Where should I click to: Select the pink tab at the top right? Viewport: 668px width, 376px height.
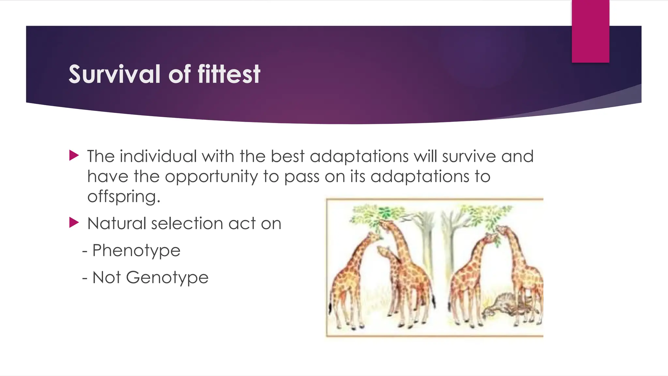[590, 31]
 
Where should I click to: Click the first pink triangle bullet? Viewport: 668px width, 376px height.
[74, 155]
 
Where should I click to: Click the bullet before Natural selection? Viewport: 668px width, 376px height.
[74, 223]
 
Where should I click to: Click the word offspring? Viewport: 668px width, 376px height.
[124, 197]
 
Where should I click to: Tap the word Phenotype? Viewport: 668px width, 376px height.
[136, 251]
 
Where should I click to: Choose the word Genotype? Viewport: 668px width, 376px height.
[167, 278]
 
